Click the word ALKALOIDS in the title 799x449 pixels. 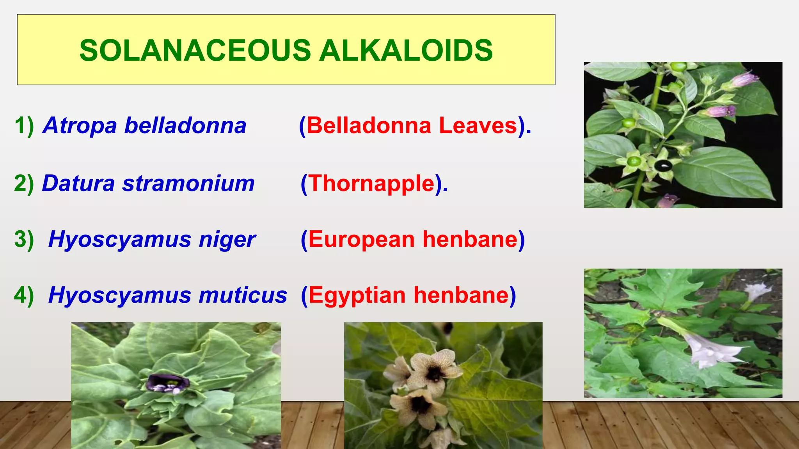pos(406,51)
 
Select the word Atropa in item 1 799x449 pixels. pos(80,126)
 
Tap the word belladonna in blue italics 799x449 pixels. pos(185,126)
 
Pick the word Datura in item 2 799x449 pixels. pos(78,183)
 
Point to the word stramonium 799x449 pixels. pos(188,183)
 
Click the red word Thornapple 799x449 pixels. pos(372,183)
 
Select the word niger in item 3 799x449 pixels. pos(227,239)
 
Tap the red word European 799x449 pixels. pos(361,239)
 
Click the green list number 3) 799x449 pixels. pos(24,239)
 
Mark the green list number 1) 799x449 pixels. pos(24,126)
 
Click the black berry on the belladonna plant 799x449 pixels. pos(663,166)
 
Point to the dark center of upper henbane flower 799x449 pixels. pos(434,373)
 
